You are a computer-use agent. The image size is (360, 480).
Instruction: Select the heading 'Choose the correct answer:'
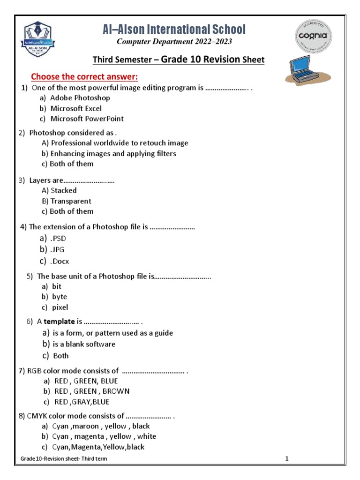tap(84, 76)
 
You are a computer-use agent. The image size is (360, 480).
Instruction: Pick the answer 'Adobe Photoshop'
tap(80, 98)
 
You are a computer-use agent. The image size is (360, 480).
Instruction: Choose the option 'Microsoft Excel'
tap(76, 108)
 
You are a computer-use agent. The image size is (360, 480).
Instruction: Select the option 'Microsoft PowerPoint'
tap(87, 119)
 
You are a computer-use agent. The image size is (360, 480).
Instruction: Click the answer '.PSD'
tap(58, 239)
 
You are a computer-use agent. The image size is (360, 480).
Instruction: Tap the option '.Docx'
tap(60, 262)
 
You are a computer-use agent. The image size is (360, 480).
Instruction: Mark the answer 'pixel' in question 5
tap(60, 307)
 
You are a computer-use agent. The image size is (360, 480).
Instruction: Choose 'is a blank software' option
tap(84, 344)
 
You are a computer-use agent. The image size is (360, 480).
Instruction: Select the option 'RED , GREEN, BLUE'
tap(86, 381)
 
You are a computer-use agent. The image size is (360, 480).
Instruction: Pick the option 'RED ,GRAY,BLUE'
tap(82, 402)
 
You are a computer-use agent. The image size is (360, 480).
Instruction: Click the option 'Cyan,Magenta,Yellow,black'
tap(98, 447)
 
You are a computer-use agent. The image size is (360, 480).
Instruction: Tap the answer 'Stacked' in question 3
tap(64, 190)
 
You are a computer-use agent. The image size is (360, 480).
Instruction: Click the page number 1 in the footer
tap(286, 459)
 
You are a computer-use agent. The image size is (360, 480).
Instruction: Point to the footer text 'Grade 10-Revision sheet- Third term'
tap(64, 459)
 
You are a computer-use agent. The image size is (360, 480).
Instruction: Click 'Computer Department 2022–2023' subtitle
tap(174, 42)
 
